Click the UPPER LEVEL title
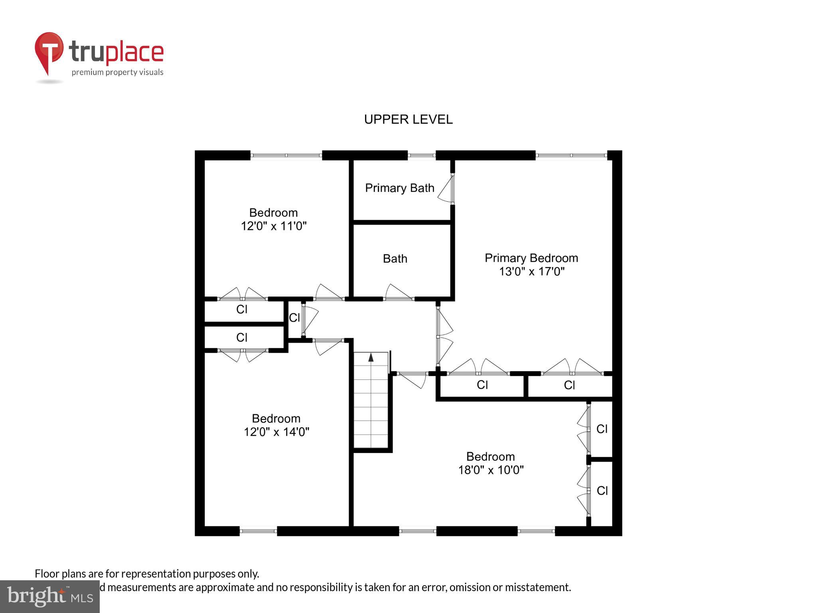click(x=408, y=119)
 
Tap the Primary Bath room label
click(x=399, y=188)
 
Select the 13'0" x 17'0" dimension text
click(x=531, y=272)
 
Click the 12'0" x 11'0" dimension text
click(x=274, y=226)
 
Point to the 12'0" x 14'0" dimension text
click(x=276, y=432)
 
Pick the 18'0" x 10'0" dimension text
click(x=491, y=470)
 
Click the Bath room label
click(x=395, y=259)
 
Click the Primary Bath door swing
click(x=446, y=190)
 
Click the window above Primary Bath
click(x=421, y=156)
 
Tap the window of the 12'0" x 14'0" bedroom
click(x=258, y=531)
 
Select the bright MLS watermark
click(x=49, y=596)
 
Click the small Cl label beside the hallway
click(x=294, y=318)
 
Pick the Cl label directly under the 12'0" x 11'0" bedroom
click(x=242, y=309)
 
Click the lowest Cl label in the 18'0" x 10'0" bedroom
click(x=602, y=490)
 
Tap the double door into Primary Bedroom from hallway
click(x=444, y=336)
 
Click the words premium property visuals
click(x=117, y=72)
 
